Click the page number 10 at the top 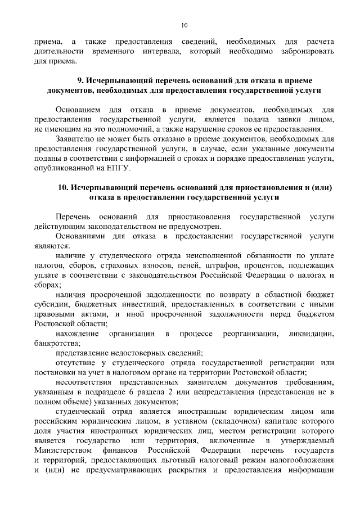(x=184, y=25)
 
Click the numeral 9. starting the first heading (x=80, y=80)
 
